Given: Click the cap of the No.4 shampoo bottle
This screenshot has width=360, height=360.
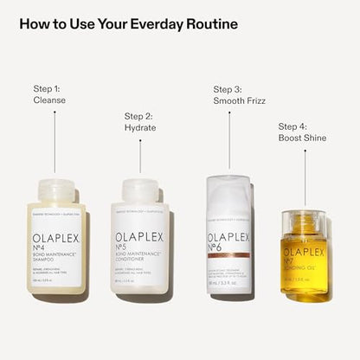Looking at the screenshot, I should coord(55,191).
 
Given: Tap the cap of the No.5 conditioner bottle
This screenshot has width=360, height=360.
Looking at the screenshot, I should coord(140,191).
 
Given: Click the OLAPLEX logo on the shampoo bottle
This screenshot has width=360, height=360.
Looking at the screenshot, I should coord(55,235).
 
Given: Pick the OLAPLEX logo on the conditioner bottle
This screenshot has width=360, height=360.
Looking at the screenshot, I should coord(140,235).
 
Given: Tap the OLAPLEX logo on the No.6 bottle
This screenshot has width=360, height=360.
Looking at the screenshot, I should coord(229,235).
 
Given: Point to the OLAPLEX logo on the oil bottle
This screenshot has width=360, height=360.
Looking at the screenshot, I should coord(303,252).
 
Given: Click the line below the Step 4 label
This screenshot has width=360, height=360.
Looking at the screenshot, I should coord(303,177).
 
